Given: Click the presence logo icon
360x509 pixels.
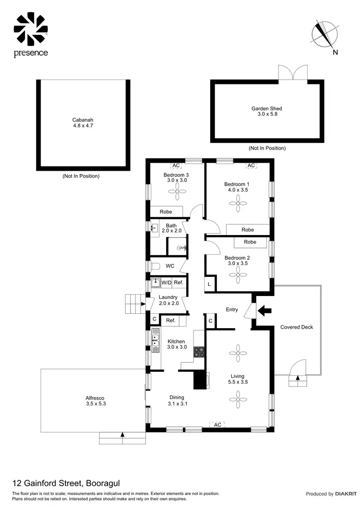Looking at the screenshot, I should (x=31, y=28).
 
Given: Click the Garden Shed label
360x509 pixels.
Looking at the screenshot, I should (x=266, y=108).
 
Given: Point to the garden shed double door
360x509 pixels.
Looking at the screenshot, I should (x=292, y=72).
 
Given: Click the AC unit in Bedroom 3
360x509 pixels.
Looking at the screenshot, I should (x=176, y=166).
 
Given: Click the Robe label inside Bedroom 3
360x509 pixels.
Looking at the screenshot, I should (x=166, y=212).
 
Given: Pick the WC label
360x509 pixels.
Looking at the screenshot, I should (x=170, y=266).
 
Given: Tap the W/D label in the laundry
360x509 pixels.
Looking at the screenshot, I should (x=166, y=283).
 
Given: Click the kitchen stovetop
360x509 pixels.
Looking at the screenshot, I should (x=199, y=352).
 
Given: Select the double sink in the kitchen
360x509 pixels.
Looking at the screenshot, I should (x=155, y=340).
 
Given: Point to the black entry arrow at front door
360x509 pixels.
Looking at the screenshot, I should (x=264, y=310).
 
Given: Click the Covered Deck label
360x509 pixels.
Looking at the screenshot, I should (x=296, y=327).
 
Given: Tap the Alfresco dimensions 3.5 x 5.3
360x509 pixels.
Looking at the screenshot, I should (x=95, y=404).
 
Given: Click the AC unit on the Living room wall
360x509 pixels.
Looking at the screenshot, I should (x=217, y=425).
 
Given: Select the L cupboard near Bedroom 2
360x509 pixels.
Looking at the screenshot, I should (x=210, y=284).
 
